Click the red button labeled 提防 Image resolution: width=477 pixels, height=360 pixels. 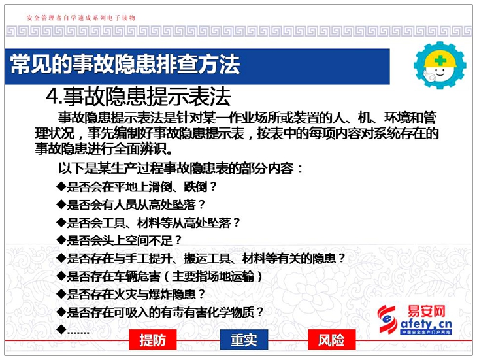(153, 339)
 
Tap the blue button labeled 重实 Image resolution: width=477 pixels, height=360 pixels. (244, 339)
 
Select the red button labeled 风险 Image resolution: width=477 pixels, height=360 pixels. (331, 339)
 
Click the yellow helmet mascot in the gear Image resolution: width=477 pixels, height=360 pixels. (440, 65)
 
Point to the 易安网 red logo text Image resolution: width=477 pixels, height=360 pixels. (427, 312)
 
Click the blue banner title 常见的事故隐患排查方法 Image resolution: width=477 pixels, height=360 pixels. (125, 65)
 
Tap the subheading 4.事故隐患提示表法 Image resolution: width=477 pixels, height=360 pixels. (139, 96)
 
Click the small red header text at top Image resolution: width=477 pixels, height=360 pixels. (81, 18)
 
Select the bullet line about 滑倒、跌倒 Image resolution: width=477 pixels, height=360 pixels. (137, 186)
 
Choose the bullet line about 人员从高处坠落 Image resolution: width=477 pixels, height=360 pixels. (131, 205)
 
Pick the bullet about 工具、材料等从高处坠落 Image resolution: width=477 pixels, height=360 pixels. (148, 223)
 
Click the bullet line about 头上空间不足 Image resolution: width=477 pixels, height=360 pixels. (119, 240)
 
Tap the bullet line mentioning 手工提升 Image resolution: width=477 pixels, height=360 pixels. (201, 259)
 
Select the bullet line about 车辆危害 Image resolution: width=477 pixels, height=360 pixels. (159, 276)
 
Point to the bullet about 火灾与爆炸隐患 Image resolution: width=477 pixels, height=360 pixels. (131, 294)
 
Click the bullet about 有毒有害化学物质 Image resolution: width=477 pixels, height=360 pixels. (159, 312)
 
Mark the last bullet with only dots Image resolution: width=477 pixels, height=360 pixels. (73, 330)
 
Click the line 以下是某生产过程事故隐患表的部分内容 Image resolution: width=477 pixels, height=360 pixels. (181, 168)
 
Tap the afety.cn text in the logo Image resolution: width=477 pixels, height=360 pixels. (426, 324)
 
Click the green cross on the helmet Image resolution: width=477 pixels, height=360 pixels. (440, 59)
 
